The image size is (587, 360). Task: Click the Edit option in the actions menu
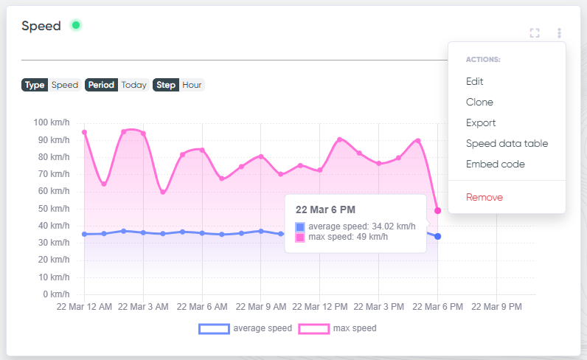pos(474,81)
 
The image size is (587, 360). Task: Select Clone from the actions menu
pos(479,102)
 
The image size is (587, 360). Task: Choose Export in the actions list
pos(481,123)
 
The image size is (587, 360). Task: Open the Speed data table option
pos(507,143)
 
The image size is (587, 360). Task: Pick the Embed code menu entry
pos(496,164)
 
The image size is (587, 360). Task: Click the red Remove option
pos(484,198)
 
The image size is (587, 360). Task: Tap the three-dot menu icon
pos(559,33)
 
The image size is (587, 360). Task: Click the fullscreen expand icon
pos(535,33)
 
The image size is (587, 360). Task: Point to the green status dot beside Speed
pos(76,25)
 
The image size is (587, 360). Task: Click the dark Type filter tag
pos(35,85)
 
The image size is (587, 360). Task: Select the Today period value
pos(133,85)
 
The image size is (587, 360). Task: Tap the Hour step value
pos(192,85)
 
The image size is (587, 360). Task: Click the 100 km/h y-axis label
pos(52,122)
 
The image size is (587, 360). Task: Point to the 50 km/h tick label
pos(54,209)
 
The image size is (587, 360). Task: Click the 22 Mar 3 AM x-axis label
pos(143,307)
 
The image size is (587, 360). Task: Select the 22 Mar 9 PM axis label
pos(496,307)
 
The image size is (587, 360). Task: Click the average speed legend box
pos(214,329)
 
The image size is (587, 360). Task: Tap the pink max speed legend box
pos(313,329)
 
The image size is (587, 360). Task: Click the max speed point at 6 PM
pos(437,211)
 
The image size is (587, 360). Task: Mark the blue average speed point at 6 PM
pos(437,236)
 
